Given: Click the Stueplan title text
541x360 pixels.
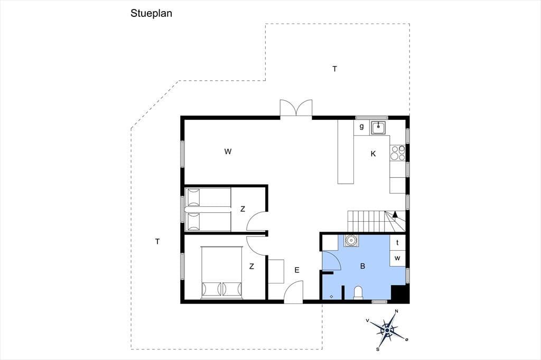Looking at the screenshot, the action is (151, 13).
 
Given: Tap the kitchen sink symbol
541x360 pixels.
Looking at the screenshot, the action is (379, 127).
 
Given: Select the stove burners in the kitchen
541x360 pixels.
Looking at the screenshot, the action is (397, 153).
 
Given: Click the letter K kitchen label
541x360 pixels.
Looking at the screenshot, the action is (373, 154).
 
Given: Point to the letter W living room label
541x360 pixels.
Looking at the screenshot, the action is (228, 151).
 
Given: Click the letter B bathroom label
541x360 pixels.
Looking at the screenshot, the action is (362, 266).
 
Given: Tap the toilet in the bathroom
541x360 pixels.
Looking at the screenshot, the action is (359, 292).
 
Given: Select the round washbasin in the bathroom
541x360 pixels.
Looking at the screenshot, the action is (351, 240).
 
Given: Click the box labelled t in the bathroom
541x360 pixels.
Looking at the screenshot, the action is (397, 242).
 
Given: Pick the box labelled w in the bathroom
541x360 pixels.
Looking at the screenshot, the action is (397, 258).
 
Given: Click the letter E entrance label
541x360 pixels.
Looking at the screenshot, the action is (297, 270).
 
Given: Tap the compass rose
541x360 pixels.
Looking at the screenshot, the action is (387, 330).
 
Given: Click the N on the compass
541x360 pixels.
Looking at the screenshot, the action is (396, 311).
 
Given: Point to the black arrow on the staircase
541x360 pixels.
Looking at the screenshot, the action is (395, 214).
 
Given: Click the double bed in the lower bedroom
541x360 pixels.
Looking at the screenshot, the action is (222, 272).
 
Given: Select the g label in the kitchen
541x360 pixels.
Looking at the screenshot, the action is (361, 126).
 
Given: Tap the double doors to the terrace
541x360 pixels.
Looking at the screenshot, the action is (296, 108).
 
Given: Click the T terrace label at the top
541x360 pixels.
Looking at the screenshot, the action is (334, 69).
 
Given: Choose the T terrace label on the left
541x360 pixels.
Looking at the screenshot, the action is (157, 242).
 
